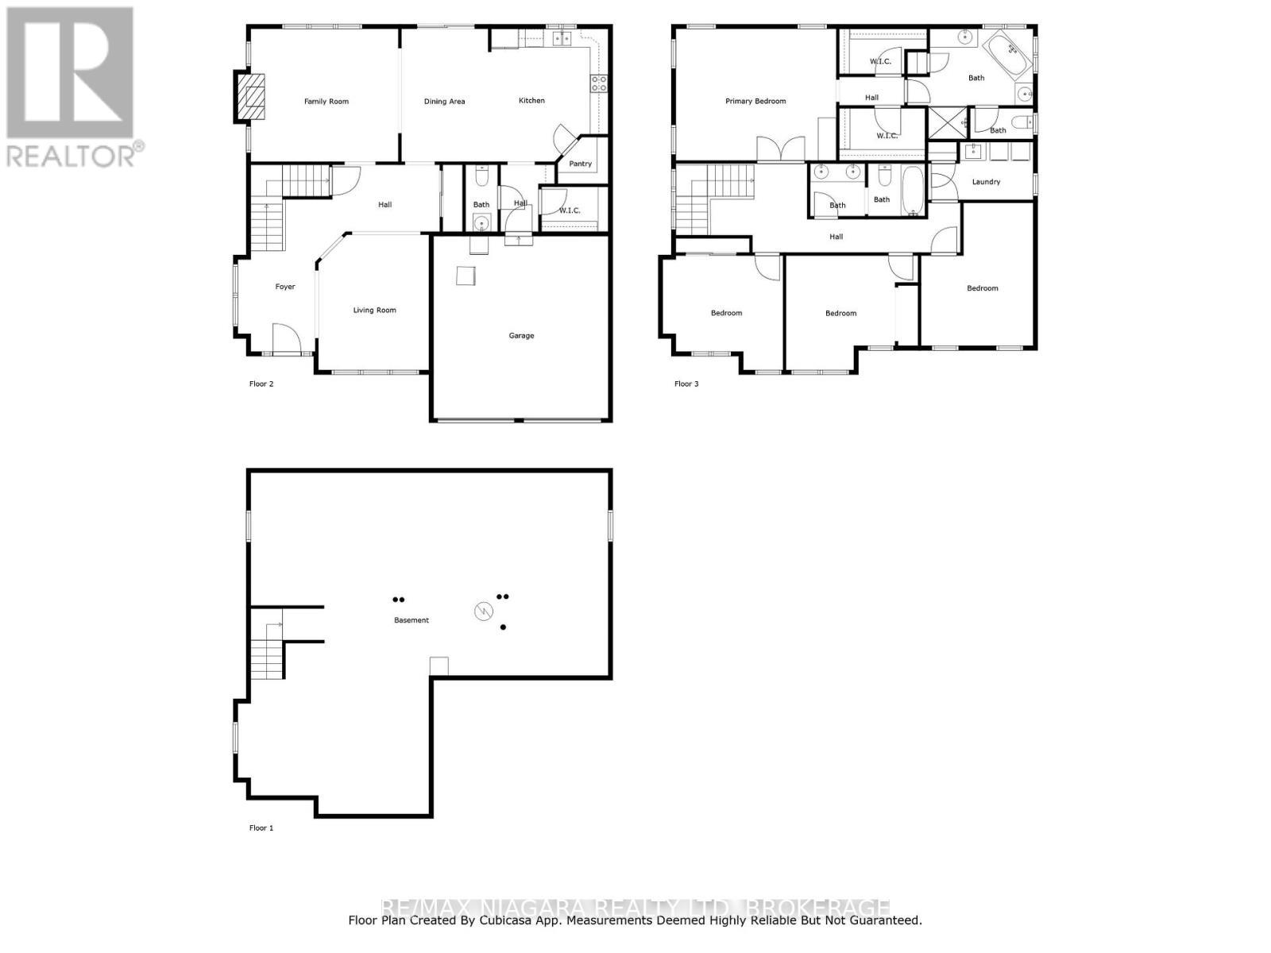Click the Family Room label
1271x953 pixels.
pos(326,102)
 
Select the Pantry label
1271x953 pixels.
pos(581,164)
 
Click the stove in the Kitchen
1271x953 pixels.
pos(598,84)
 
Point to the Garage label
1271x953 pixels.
pos(521,336)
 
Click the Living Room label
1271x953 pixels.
pos(374,311)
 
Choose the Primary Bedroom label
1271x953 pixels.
pos(755,102)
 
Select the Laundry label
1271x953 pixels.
pos(986,182)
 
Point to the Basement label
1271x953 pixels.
pos(411,620)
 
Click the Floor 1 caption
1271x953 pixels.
pos(261,828)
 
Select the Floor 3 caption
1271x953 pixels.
pos(686,384)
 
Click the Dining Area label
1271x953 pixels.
pos(444,102)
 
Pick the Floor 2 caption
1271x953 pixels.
pos(261,384)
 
